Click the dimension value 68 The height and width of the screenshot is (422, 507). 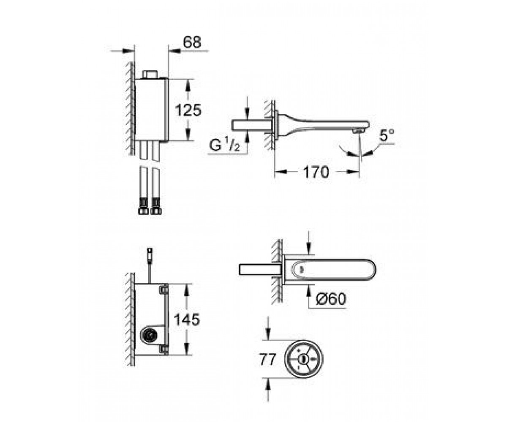[192, 42]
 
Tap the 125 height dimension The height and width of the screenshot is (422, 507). [188, 110]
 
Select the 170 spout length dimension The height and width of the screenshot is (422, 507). [316, 172]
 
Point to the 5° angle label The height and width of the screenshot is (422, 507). [387, 135]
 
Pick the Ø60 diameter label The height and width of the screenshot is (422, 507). [331, 299]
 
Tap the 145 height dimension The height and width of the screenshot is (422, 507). [187, 319]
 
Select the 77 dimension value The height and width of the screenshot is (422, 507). [268, 360]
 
